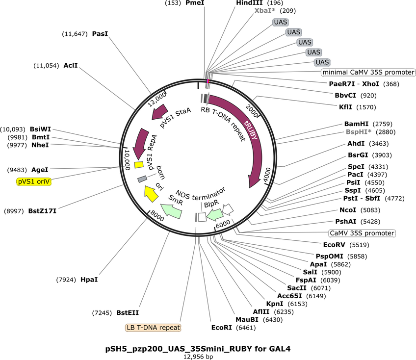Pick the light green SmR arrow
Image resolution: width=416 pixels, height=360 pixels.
click(x=171, y=211)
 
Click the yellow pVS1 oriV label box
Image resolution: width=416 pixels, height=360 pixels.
click(x=34, y=181)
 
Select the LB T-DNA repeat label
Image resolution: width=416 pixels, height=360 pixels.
click(x=153, y=328)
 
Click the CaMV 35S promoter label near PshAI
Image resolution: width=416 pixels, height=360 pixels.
click(x=362, y=233)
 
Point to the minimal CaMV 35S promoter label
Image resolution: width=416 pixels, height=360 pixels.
click(x=368, y=72)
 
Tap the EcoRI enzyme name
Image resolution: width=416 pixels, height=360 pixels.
click(x=222, y=328)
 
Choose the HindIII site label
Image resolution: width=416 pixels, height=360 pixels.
click(x=249, y=3)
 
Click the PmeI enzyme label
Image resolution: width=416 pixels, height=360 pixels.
click(x=195, y=3)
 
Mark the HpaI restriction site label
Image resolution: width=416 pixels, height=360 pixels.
click(x=89, y=280)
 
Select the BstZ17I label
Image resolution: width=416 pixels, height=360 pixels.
click(x=42, y=211)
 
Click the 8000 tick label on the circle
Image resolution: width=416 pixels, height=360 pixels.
click(x=157, y=215)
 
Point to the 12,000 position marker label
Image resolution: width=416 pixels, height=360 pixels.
click(x=157, y=100)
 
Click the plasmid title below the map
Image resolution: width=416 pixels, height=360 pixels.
click(x=198, y=349)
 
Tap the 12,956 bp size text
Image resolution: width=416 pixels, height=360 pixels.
click(x=198, y=357)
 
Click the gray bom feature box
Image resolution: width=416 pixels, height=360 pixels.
click(x=142, y=179)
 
